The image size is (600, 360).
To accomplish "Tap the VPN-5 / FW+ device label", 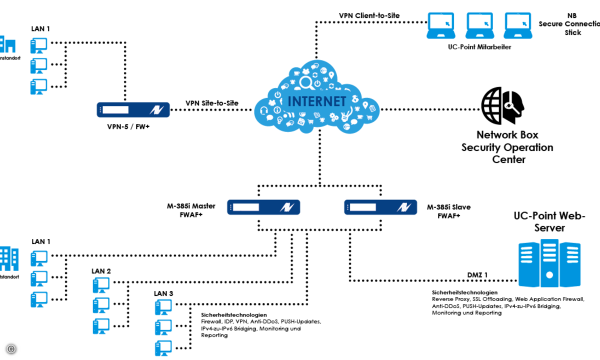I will (128, 127).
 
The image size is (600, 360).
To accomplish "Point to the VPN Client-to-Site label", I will (369, 15).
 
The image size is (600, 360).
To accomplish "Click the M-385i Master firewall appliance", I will (263, 207).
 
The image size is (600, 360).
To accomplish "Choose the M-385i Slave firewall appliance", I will (380, 207).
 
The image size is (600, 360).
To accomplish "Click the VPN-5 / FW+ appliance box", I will (132, 109).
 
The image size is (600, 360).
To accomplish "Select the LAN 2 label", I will (101, 271).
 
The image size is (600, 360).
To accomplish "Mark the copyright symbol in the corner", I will (10, 348).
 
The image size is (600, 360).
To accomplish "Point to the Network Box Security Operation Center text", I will (507, 147).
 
